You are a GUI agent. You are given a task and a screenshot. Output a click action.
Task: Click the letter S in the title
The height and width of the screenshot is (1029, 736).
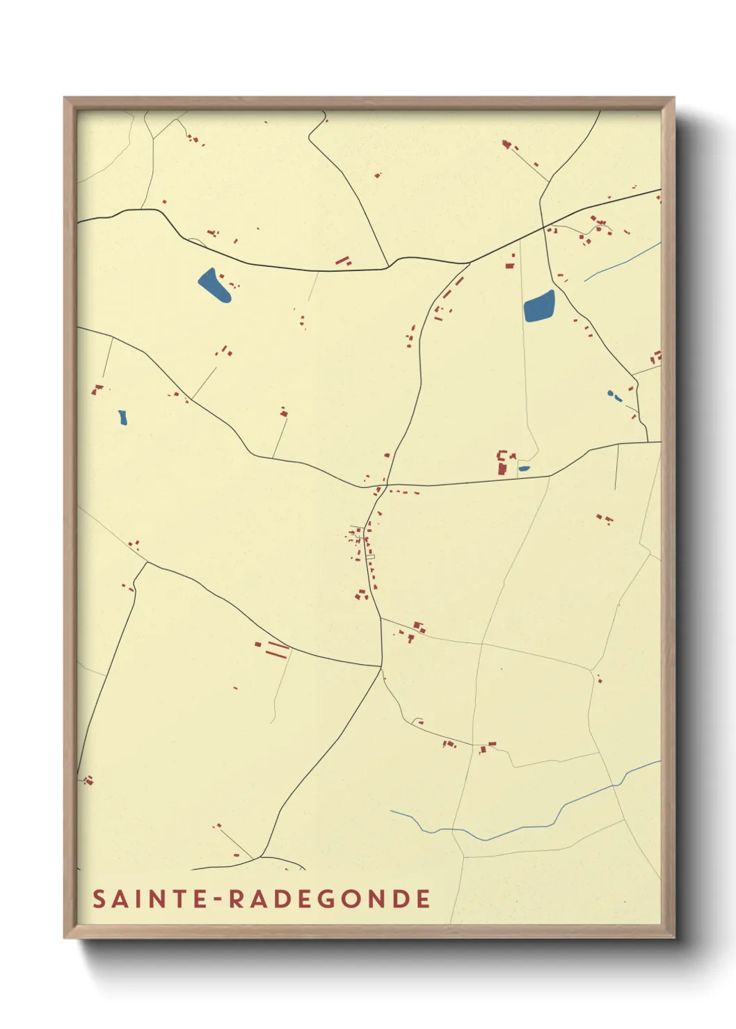coord(99,898)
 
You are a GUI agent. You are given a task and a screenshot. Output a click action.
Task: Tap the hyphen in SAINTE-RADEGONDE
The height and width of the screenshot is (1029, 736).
coord(217,899)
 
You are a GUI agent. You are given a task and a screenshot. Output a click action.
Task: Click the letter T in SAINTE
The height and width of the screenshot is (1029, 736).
coord(175,898)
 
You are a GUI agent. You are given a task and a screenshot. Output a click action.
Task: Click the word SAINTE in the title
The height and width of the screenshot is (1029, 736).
coord(150,898)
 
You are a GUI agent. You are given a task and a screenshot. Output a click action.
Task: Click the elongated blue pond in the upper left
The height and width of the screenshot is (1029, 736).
coord(214,285)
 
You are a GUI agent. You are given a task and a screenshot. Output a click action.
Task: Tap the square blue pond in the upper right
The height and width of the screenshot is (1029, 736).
coord(540,307)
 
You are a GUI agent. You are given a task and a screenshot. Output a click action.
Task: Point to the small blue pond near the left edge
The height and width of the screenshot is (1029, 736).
coord(123,417)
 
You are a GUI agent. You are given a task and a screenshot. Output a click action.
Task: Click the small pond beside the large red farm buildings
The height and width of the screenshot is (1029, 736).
coord(524,468)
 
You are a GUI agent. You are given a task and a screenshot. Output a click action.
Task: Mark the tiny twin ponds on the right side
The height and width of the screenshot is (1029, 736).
coord(614,396)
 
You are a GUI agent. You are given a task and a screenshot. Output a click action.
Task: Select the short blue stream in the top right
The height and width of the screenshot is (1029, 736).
coord(621,262)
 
